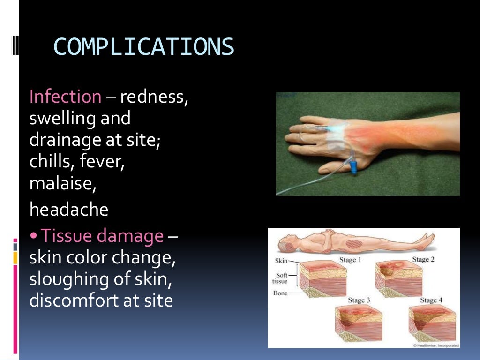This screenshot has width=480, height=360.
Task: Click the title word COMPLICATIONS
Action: [143, 47]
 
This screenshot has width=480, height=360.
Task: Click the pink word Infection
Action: [65, 97]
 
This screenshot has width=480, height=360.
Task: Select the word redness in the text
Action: [154, 97]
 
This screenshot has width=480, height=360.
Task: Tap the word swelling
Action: [63, 119]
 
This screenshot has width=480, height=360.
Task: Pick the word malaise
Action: [63, 183]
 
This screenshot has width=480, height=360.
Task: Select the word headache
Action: [69, 209]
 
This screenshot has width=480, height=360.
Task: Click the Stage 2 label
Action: [423, 260]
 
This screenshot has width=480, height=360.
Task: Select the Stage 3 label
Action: [359, 300]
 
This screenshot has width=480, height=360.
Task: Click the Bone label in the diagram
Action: [280, 293]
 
